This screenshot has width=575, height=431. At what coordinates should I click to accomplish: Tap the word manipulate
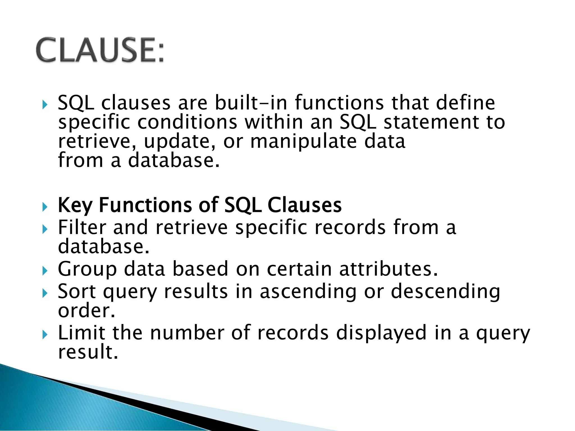(303, 141)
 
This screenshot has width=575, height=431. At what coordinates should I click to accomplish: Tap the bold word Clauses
(304, 205)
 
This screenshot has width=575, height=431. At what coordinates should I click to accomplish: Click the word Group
(87, 269)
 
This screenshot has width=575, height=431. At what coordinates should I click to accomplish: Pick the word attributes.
(388, 269)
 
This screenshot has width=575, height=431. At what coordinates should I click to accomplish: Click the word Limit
(81, 333)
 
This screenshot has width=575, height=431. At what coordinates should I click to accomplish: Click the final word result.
(88, 352)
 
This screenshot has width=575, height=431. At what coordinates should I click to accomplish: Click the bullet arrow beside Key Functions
(45, 207)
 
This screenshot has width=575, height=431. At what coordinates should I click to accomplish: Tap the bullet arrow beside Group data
(45, 271)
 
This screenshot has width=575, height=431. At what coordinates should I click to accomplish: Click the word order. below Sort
(86, 311)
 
